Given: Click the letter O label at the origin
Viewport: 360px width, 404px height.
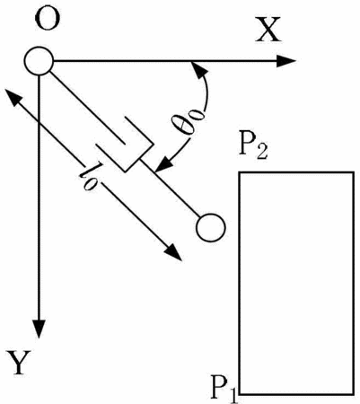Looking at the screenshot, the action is click(x=48, y=18).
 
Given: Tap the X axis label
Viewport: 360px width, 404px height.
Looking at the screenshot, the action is click(x=268, y=30).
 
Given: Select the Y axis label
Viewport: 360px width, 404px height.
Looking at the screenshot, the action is click(x=18, y=363).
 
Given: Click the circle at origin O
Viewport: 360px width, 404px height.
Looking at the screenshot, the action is click(x=39, y=61).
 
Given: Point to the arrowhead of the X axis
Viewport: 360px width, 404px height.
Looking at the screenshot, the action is click(x=285, y=61).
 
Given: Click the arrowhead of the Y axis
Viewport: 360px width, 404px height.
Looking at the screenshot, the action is click(x=39, y=329).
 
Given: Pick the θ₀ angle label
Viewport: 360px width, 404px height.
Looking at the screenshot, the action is click(x=189, y=122).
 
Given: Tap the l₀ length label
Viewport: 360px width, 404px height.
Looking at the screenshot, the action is click(x=90, y=178).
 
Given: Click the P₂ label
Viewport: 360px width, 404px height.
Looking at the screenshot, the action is click(x=253, y=148).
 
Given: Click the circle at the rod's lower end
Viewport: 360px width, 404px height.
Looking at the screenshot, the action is click(x=210, y=228).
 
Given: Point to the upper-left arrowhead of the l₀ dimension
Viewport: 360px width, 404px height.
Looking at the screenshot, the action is click(x=13, y=96).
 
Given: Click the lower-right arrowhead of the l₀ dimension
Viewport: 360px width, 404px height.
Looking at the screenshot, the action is click(x=173, y=253).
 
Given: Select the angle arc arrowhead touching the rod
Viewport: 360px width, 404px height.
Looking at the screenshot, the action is click(x=163, y=165).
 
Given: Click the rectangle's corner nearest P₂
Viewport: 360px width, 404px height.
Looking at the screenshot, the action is click(x=239, y=172).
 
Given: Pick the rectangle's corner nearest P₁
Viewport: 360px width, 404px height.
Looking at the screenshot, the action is click(x=239, y=394).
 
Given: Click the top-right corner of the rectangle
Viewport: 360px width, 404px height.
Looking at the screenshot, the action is click(x=354, y=172).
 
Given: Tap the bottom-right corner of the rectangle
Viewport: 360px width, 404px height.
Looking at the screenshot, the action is click(x=354, y=394).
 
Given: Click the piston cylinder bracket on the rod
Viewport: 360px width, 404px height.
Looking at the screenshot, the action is click(x=125, y=144).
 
